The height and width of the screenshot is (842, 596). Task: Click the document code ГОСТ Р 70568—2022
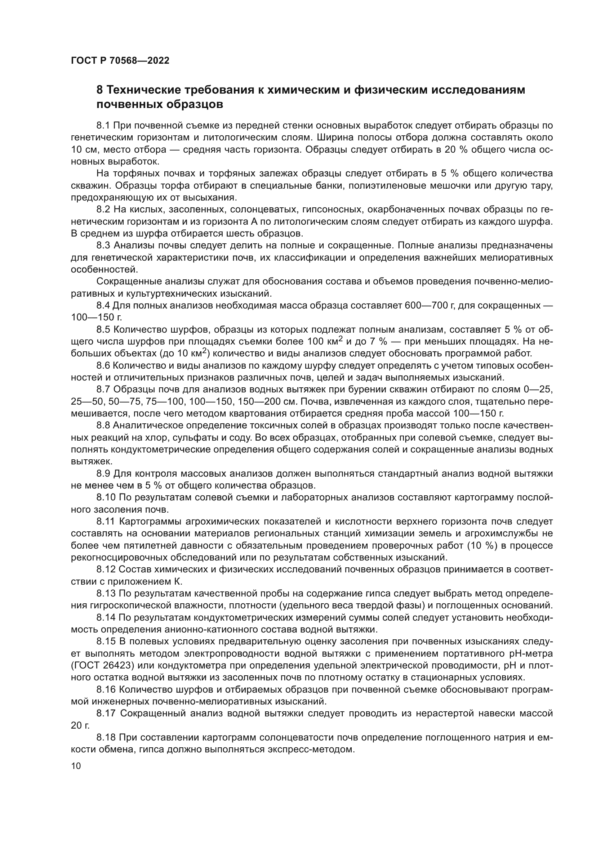[120, 61]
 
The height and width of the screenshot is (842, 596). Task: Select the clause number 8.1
[103, 126]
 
